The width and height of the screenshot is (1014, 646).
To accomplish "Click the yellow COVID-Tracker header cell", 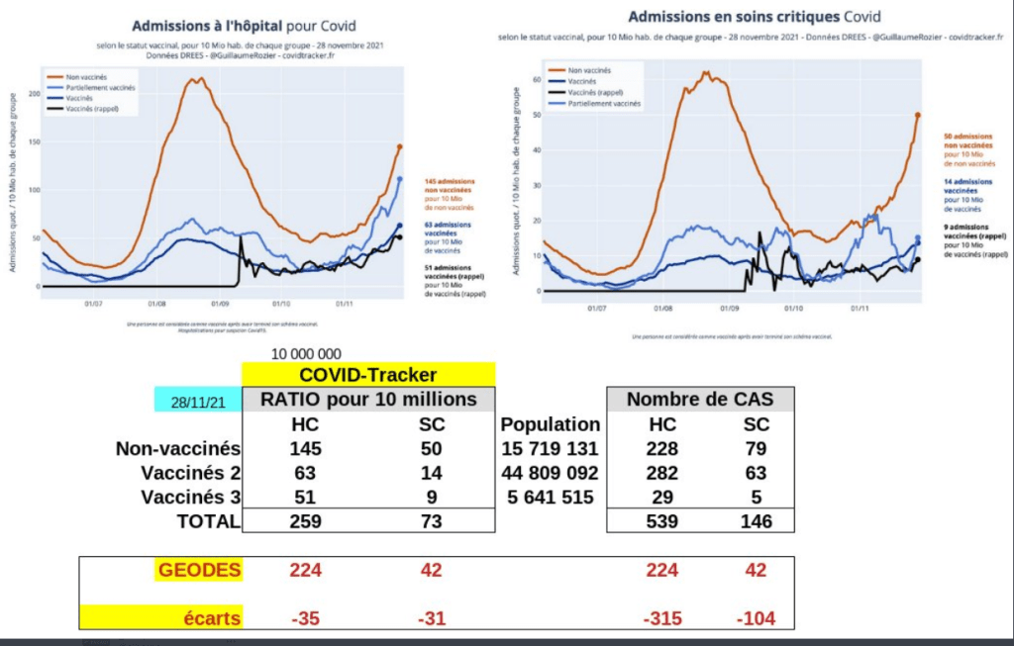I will click(x=368, y=375).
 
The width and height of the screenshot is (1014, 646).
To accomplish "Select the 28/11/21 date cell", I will click(x=198, y=401).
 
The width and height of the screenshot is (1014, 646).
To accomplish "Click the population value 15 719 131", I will click(x=551, y=449).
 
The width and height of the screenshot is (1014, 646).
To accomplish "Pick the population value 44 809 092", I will click(x=551, y=473).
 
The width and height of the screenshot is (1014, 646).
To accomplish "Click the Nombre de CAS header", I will click(x=700, y=400).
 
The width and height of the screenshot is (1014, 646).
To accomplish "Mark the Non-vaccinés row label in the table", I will click(x=180, y=449).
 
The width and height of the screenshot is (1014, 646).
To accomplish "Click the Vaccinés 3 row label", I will click(x=189, y=497).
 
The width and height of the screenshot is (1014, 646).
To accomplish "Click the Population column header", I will click(x=551, y=424).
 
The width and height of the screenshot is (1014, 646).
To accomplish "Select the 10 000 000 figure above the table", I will click(x=305, y=354).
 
